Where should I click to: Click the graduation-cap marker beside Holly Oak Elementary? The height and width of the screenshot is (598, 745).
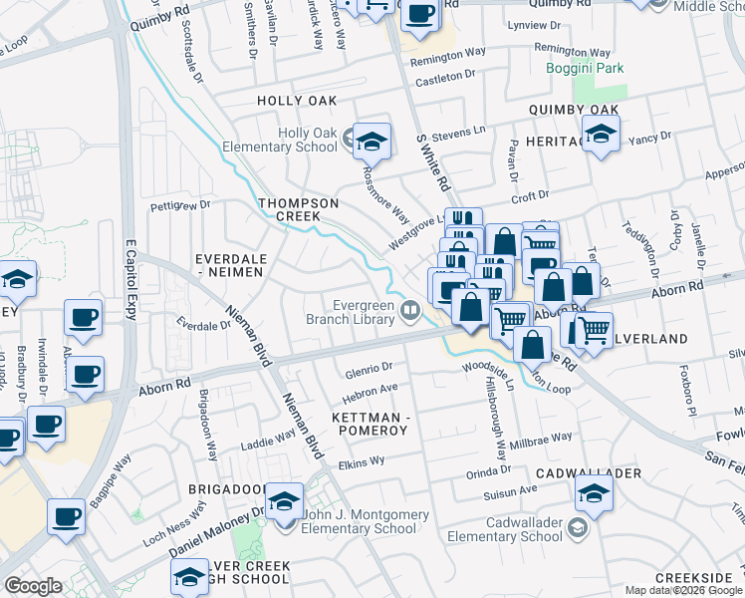tap(372, 142)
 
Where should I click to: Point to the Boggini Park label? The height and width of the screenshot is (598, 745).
tap(571, 69)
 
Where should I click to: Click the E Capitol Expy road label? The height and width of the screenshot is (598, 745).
tap(130, 280)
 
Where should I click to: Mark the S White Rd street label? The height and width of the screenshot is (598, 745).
tap(435, 164)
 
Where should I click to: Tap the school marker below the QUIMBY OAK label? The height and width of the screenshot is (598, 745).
tap(602, 135)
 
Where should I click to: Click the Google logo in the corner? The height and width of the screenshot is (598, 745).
tap(33, 586)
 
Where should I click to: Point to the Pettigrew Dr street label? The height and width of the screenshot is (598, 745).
tap(180, 206)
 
